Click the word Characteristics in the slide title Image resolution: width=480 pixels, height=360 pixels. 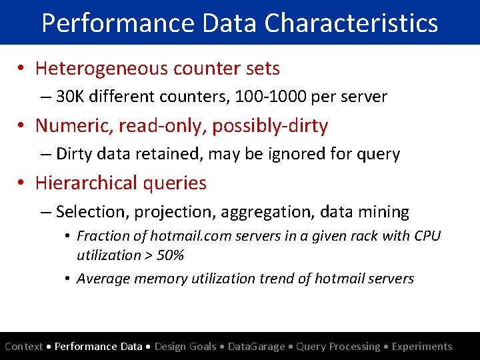[x=351, y=22]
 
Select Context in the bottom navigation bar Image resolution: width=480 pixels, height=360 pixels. [x=24, y=347]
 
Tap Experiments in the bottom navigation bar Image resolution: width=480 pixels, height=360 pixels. [x=422, y=347]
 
